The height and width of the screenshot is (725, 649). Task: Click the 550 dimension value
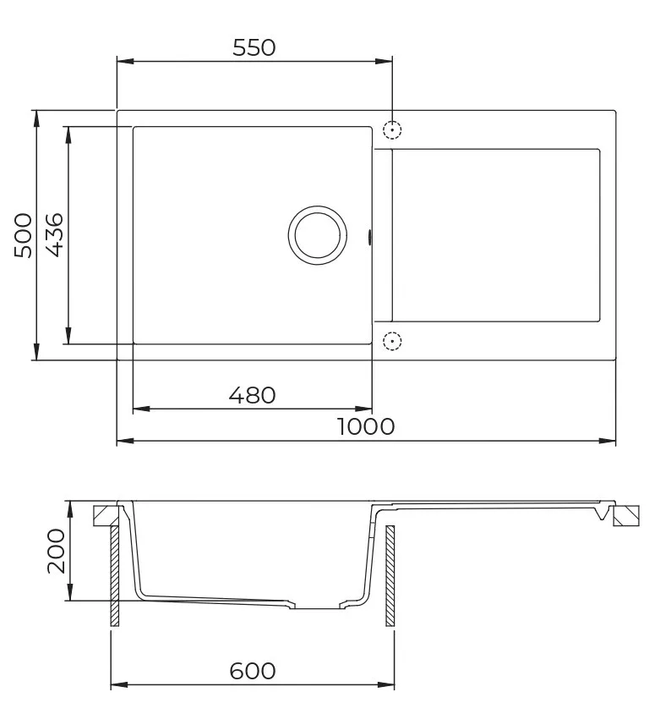[x=254, y=47]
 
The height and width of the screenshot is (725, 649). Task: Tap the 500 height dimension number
[x=23, y=235]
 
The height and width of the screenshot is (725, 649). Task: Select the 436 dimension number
[x=55, y=235]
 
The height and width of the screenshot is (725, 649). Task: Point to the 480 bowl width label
[x=252, y=395]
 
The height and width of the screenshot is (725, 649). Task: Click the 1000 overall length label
[x=366, y=426]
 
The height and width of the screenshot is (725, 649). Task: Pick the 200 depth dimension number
[x=57, y=552]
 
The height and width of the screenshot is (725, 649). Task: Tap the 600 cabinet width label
[x=253, y=671]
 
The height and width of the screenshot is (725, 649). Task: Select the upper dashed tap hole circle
[x=392, y=122]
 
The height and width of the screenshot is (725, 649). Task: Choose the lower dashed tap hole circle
[x=392, y=333]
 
